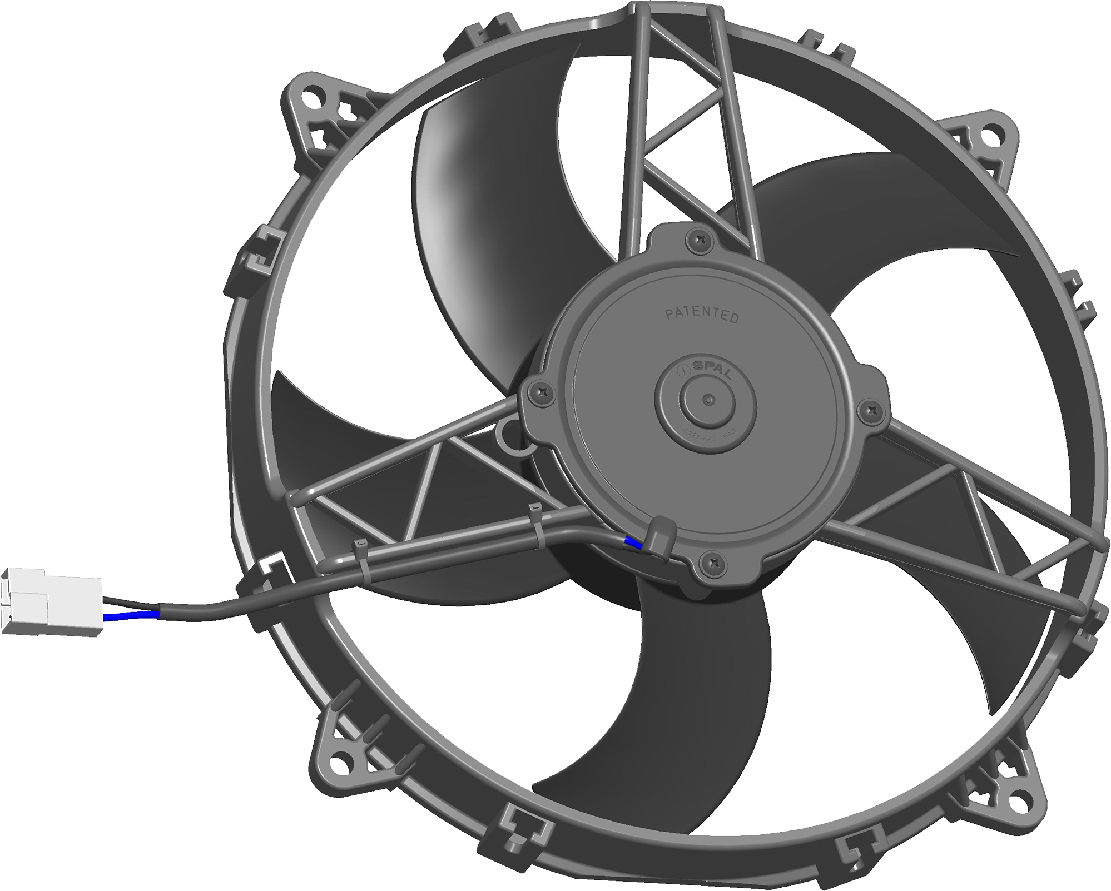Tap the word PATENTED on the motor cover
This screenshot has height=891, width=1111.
tap(702, 316)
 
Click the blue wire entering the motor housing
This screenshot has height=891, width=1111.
tap(633, 542)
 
